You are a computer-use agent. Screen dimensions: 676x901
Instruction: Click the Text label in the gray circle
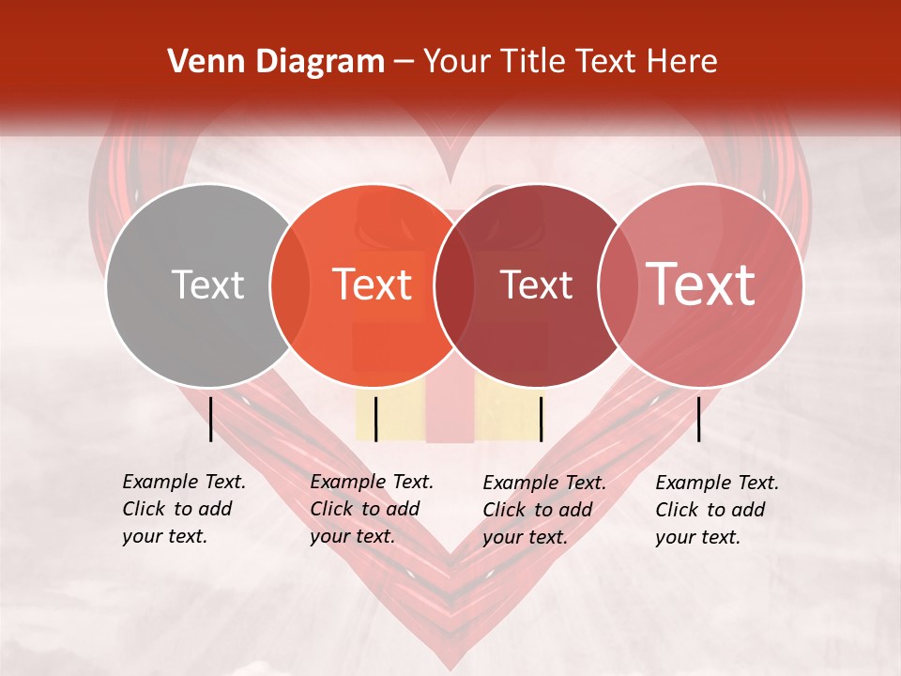point(207,284)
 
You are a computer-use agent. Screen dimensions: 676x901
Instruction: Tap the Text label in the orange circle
point(373,284)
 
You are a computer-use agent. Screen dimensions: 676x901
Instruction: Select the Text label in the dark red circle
point(537,284)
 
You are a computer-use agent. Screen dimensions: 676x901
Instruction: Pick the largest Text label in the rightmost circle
point(701,284)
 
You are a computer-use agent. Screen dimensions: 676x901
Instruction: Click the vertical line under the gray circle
point(210,419)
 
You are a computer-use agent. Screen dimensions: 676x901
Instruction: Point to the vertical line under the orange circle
point(375,419)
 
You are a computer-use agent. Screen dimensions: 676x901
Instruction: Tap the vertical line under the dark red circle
point(541,419)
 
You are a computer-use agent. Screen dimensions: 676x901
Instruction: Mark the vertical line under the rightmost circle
point(699,419)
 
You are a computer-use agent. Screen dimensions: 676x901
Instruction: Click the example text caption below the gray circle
point(183,509)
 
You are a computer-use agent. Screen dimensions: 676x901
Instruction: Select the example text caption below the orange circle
point(371,509)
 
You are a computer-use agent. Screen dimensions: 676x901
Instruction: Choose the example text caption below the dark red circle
point(543,510)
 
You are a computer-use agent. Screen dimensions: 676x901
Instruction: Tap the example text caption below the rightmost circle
point(716,510)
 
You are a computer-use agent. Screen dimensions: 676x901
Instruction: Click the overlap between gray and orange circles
point(290,284)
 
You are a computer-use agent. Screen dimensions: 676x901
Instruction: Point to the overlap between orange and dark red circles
point(454,284)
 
